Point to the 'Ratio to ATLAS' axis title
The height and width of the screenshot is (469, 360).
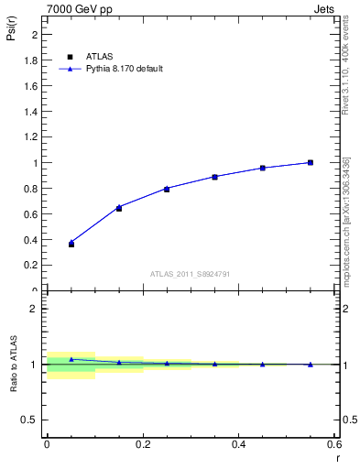tap(14, 364)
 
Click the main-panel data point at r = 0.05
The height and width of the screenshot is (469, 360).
tap(71, 244)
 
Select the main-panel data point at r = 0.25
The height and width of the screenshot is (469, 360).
tap(167, 189)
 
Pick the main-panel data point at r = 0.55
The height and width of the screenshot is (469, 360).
tap(311, 162)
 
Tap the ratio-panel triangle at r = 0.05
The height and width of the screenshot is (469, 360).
tap(71, 359)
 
